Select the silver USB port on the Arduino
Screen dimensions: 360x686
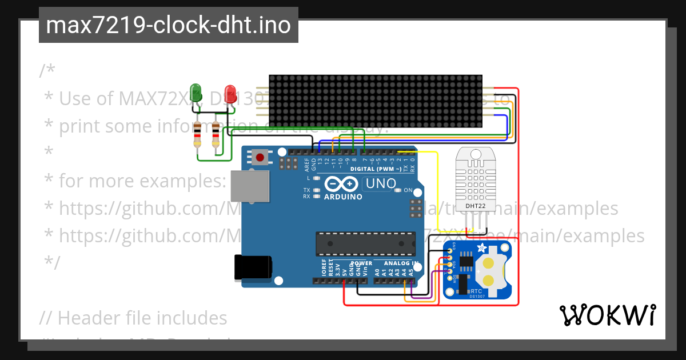[250, 186]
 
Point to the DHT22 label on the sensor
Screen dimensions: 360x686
[476, 206]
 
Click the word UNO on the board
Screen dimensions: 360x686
[381, 184]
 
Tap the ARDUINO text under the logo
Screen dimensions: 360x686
[343, 197]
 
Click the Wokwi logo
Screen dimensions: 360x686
[607, 315]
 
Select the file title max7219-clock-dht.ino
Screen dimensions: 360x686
[168, 25]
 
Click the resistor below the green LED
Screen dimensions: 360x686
[198, 135]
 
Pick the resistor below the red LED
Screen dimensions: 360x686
[216, 135]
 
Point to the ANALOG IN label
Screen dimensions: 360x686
[401, 263]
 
